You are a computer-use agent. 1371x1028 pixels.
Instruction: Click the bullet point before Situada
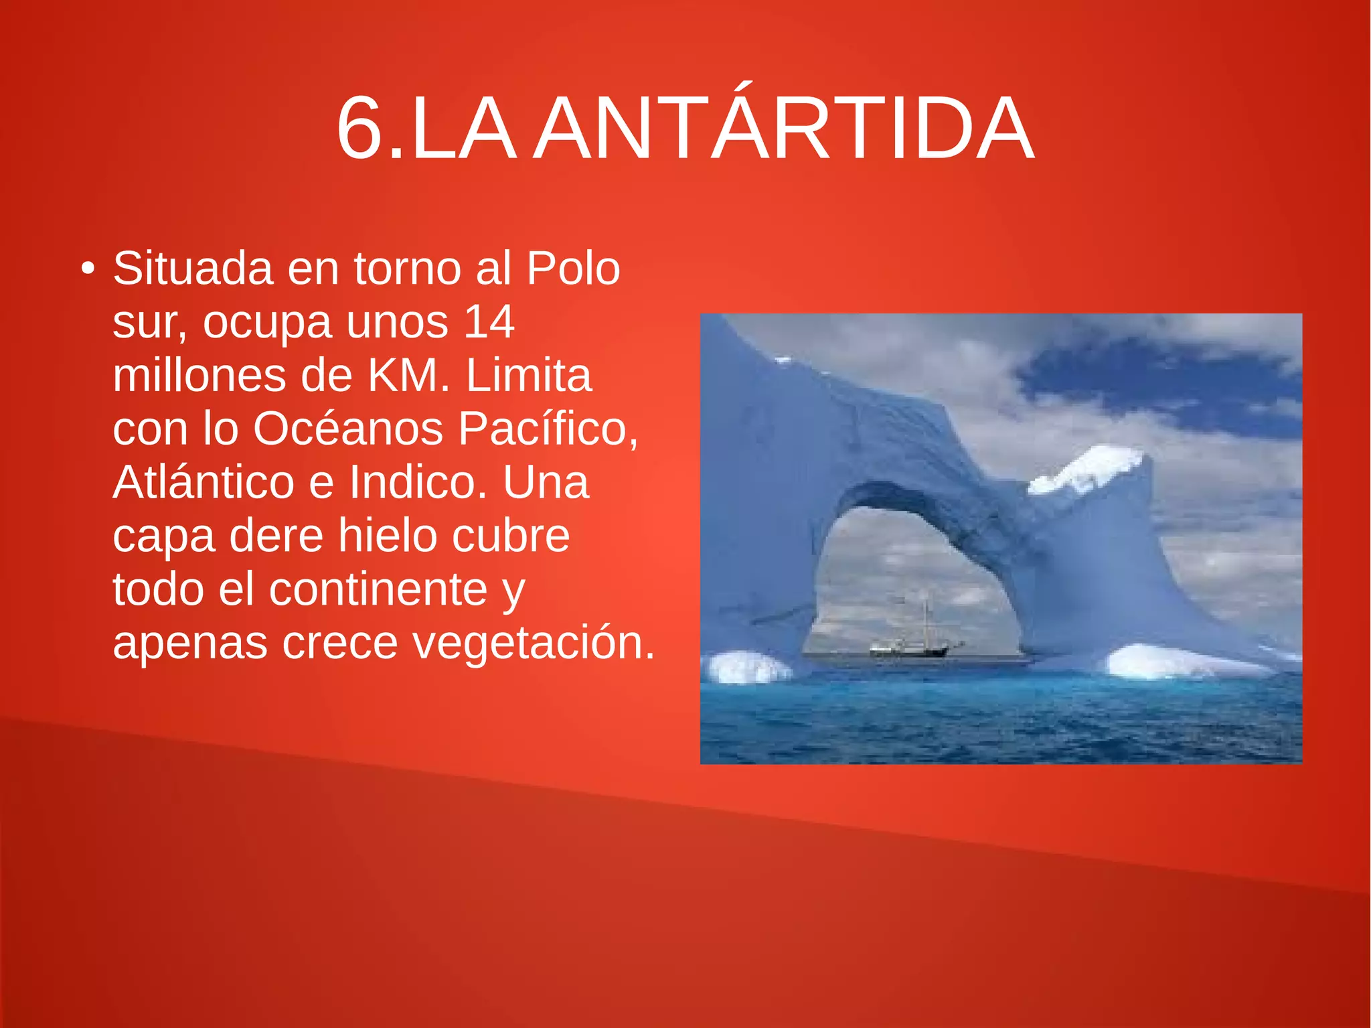(87, 269)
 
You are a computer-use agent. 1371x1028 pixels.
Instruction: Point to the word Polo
(573, 269)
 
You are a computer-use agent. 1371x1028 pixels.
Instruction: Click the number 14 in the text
(489, 322)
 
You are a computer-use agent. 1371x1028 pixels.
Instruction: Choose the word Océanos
(348, 429)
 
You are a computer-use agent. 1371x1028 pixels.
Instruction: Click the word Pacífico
(548, 429)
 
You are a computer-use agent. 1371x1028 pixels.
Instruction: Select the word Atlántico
(204, 482)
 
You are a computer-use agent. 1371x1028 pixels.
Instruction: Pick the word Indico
(418, 482)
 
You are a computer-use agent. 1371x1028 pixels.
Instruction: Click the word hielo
(387, 536)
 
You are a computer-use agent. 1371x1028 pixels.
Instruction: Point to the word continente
(378, 589)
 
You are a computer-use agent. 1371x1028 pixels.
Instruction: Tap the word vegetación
(533, 643)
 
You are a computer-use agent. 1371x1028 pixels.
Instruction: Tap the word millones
(199, 376)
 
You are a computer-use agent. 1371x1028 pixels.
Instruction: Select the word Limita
(529, 376)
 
